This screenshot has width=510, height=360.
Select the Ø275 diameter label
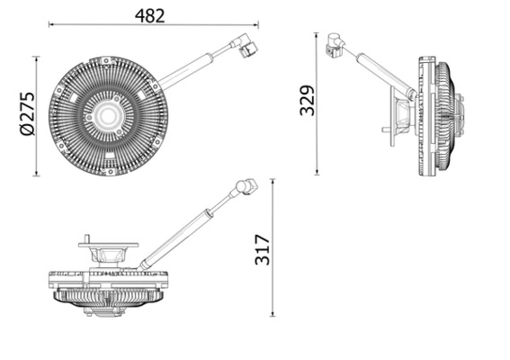(25, 115)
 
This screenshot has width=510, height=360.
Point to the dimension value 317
(262, 247)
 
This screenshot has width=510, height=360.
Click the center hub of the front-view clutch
(109, 115)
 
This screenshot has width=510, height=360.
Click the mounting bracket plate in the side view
(393, 117)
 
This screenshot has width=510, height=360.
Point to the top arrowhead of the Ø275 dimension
(37, 59)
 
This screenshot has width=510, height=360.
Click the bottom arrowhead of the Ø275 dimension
(37, 174)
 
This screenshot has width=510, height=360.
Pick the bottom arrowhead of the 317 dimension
(272, 314)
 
